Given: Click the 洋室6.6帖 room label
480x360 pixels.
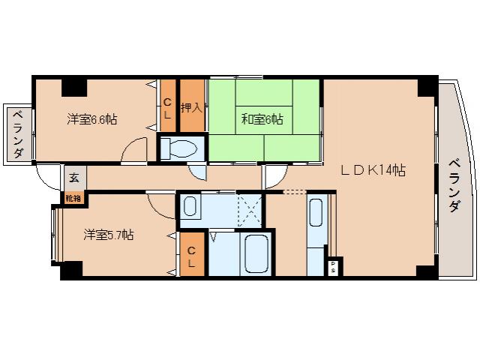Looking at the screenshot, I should tap(91, 118).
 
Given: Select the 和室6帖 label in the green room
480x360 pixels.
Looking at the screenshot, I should tap(262, 118).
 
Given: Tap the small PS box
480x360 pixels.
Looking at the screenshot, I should tap(332, 266).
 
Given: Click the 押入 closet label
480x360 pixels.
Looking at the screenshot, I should tap(191, 107).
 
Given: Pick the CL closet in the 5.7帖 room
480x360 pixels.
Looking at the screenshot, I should tap(191, 256).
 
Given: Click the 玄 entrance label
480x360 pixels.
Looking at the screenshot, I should tap(74, 178).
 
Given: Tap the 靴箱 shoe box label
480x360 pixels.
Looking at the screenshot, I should tap(73, 198).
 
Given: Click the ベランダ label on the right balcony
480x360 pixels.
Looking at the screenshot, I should tap(454, 186).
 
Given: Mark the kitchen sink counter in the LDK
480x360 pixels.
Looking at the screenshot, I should tap(316, 222).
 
